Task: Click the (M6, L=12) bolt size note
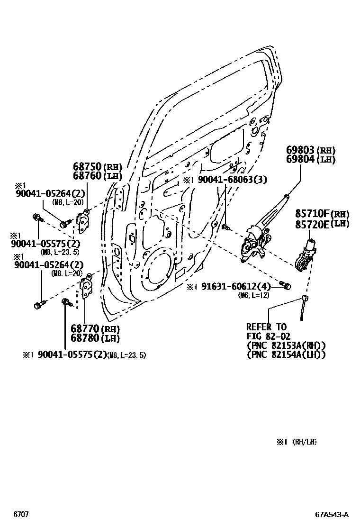tap(254, 295)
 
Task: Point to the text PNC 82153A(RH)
tap(286, 345)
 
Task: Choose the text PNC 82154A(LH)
tap(286, 354)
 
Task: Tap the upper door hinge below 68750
tap(83, 222)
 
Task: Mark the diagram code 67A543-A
tap(332, 514)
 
